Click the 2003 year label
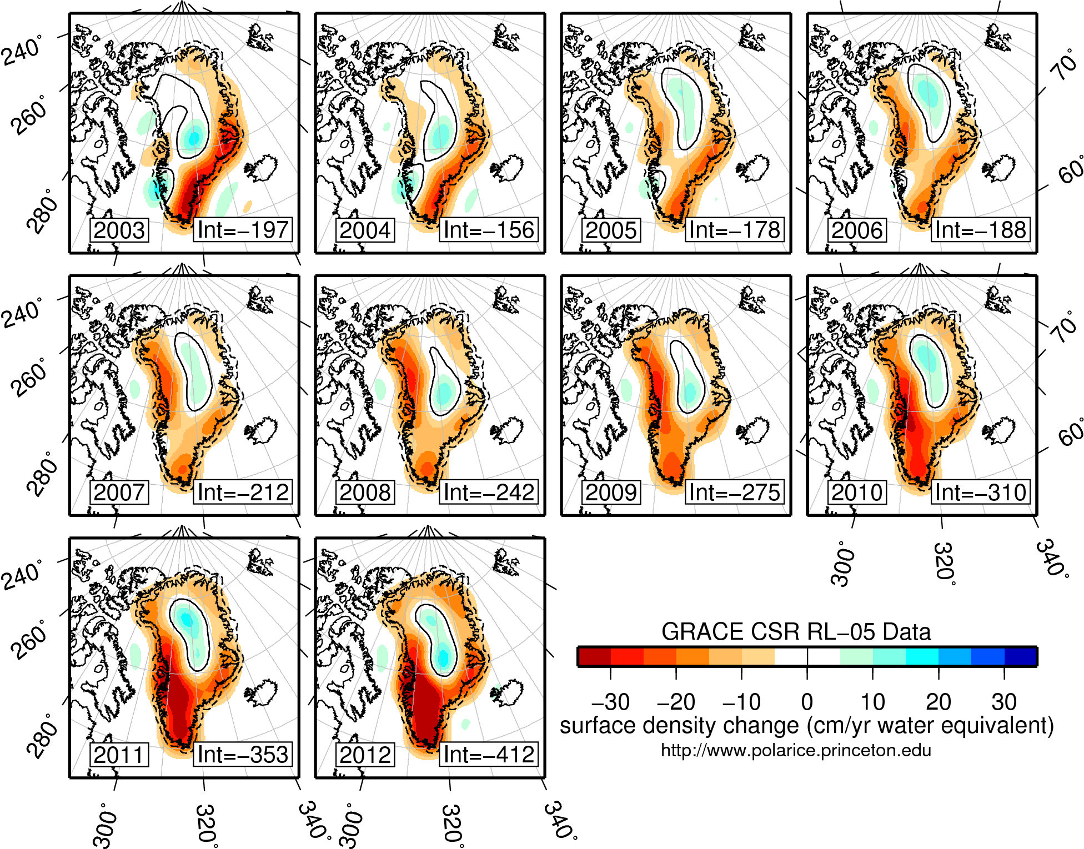[119, 230]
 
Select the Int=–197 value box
[243, 230]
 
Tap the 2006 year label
[857, 230]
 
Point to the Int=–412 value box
[489, 755]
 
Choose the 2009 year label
[611, 493]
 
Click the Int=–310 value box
[980, 493]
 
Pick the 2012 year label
[365, 755]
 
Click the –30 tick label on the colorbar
[610, 702]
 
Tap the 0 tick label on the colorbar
[807, 702]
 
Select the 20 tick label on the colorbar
[938, 702]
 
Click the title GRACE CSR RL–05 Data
[796, 632]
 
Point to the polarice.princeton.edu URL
[796, 751]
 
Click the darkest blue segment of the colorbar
[1021, 656]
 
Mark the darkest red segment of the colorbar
[594, 656]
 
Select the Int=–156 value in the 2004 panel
[489, 230]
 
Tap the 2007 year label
[119, 493]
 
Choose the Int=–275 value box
[734, 493]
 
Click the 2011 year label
[119, 755]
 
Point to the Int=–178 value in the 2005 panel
[734, 230]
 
